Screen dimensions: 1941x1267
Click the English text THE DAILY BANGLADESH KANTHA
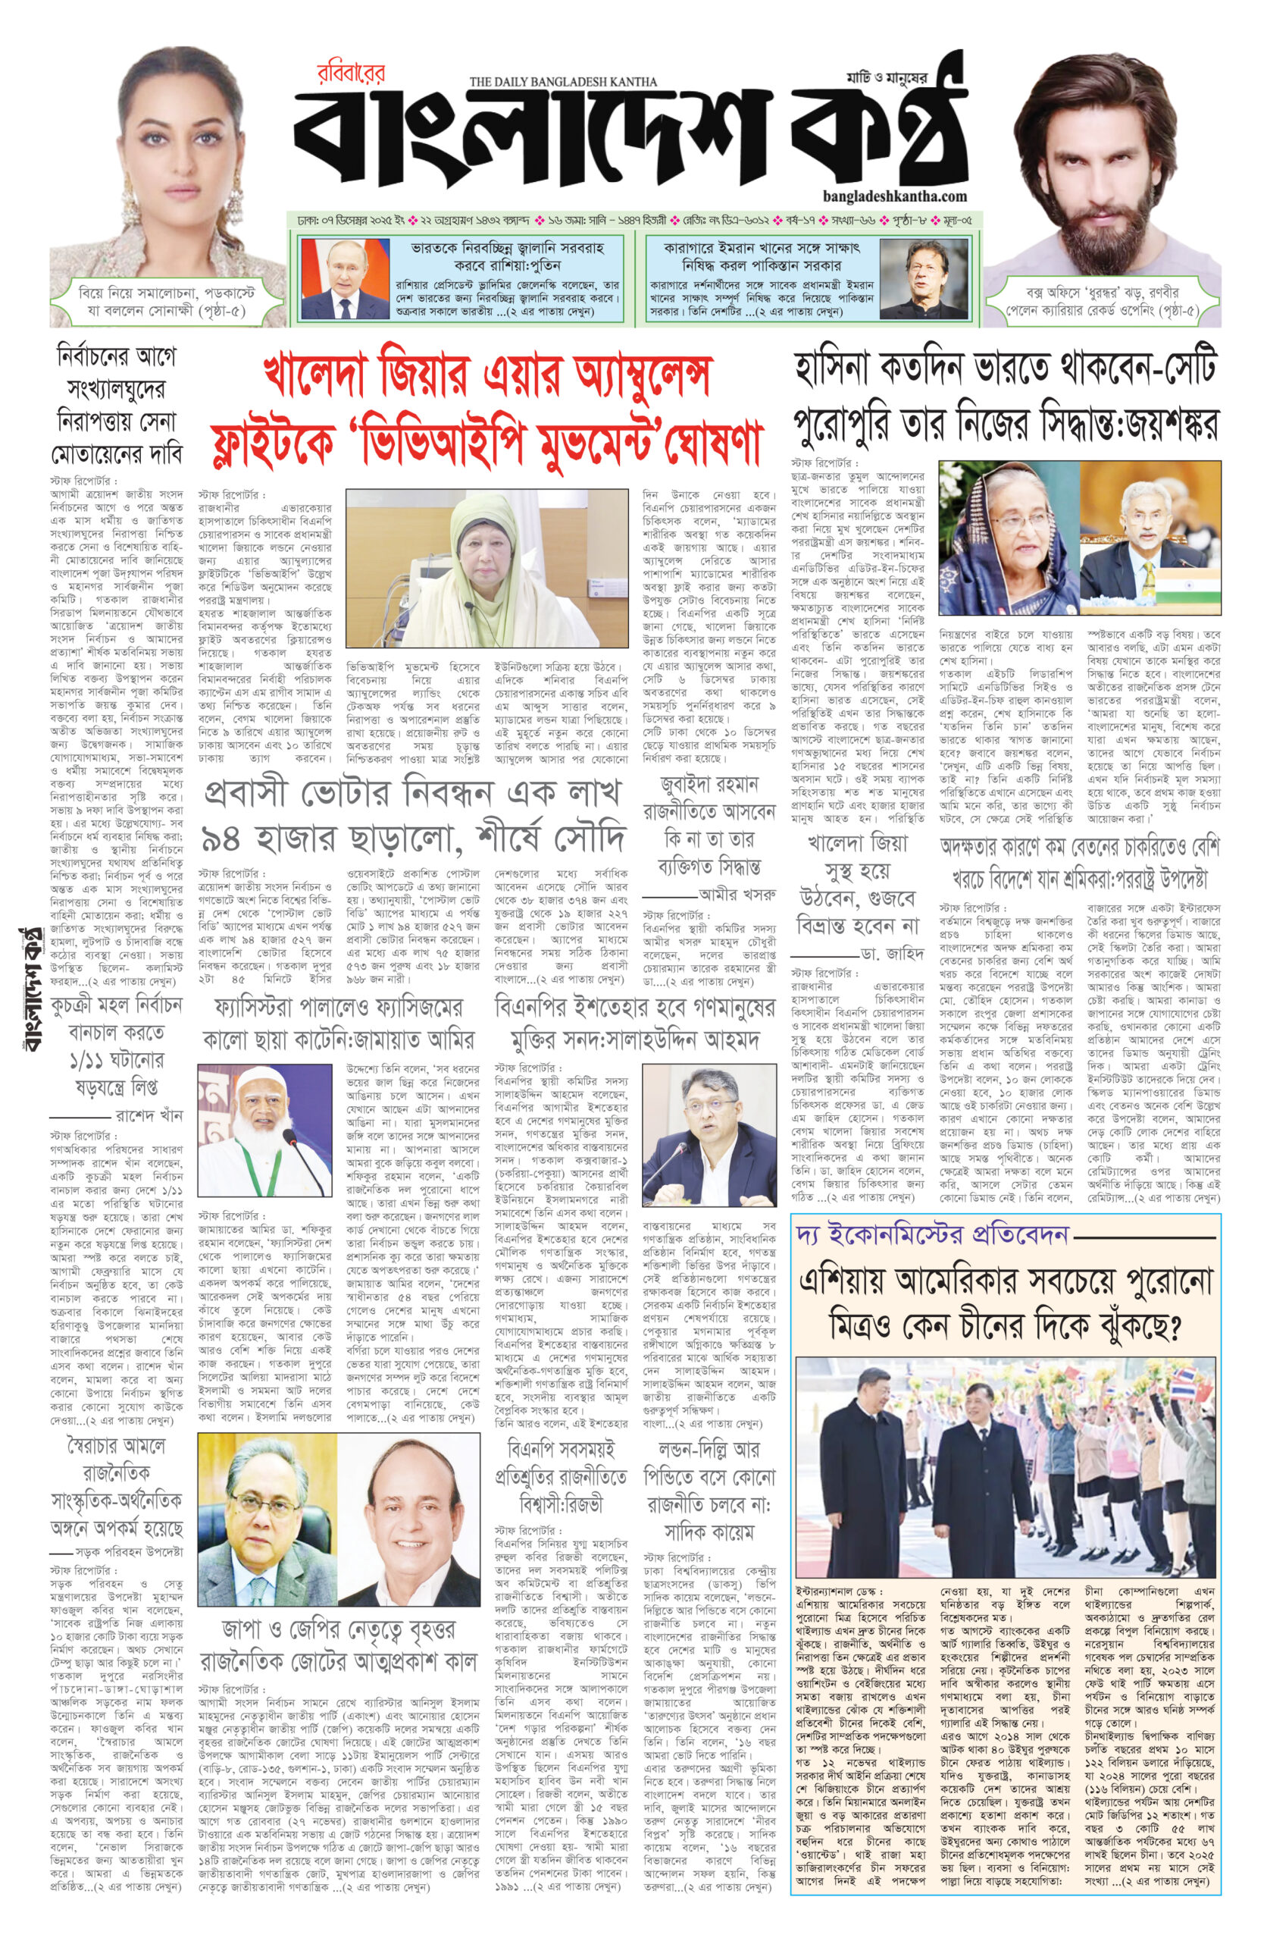tap(562, 80)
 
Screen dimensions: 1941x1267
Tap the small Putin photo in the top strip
tap(330, 270)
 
